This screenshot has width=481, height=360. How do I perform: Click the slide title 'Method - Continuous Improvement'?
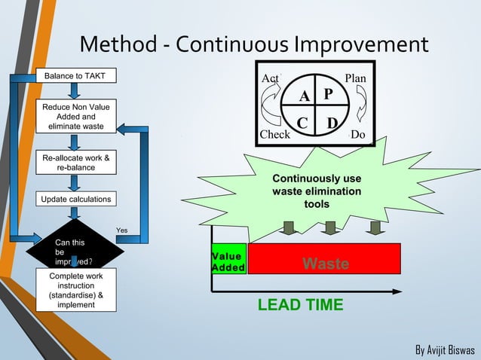click(253, 44)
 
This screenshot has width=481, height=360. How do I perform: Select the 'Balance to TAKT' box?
click(74, 76)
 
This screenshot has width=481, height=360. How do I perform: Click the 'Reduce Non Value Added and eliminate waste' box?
click(76, 117)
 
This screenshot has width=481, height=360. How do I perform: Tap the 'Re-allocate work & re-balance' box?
click(76, 163)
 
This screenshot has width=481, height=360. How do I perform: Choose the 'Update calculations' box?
click(76, 200)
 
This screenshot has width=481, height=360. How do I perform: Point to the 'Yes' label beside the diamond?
click(122, 230)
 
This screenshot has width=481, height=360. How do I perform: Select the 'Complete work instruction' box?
click(76, 291)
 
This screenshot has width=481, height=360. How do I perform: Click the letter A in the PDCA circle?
click(304, 97)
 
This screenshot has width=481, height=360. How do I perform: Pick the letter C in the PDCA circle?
click(302, 123)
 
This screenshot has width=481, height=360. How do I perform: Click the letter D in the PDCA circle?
click(330, 123)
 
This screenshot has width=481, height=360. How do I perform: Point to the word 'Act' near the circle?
click(269, 78)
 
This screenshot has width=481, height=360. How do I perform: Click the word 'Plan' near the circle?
click(355, 78)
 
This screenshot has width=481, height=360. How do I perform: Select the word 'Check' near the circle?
click(274, 135)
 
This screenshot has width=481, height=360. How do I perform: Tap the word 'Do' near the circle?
click(357, 135)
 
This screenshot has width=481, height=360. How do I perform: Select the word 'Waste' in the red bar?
click(325, 264)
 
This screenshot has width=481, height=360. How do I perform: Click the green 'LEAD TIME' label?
click(300, 305)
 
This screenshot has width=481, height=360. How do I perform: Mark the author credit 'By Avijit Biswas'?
click(445, 350)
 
